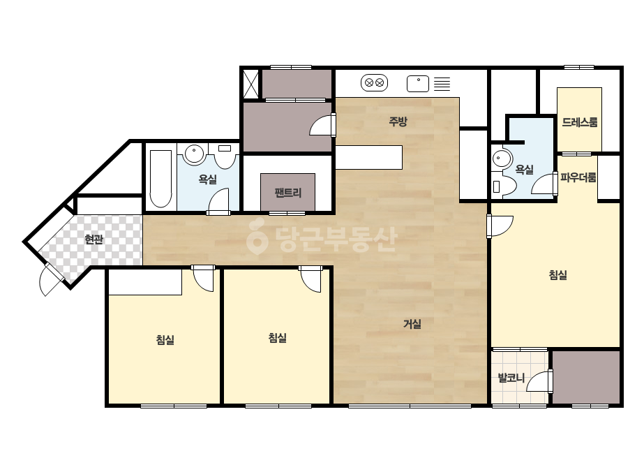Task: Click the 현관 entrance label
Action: click(x=93, y=239)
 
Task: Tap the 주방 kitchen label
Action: click(x=398, y=121)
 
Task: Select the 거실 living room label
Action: click(x=412, y=324)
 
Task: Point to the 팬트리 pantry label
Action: click(x=288, y=193)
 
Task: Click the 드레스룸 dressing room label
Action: click(x=580, y=122)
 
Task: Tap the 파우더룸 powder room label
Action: click(x=578, y=177)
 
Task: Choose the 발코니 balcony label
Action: click(x=511, y=378)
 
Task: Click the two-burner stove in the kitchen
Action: click(x=374, y=82)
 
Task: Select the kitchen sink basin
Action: click(x=418, y=84)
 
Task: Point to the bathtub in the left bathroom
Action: click(x=160, y=179)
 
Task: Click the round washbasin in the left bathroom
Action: click(x=194, y=154)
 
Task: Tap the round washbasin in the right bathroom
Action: click(x=502, y=158)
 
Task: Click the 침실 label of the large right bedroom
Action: click(x=557, y=274)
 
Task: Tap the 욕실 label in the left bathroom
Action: click(x=207, y=179)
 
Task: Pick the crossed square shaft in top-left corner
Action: click(x=250, y=84)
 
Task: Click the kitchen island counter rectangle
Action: click(x=369, y=157)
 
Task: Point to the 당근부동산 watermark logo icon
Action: click(x=257, y=237)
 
